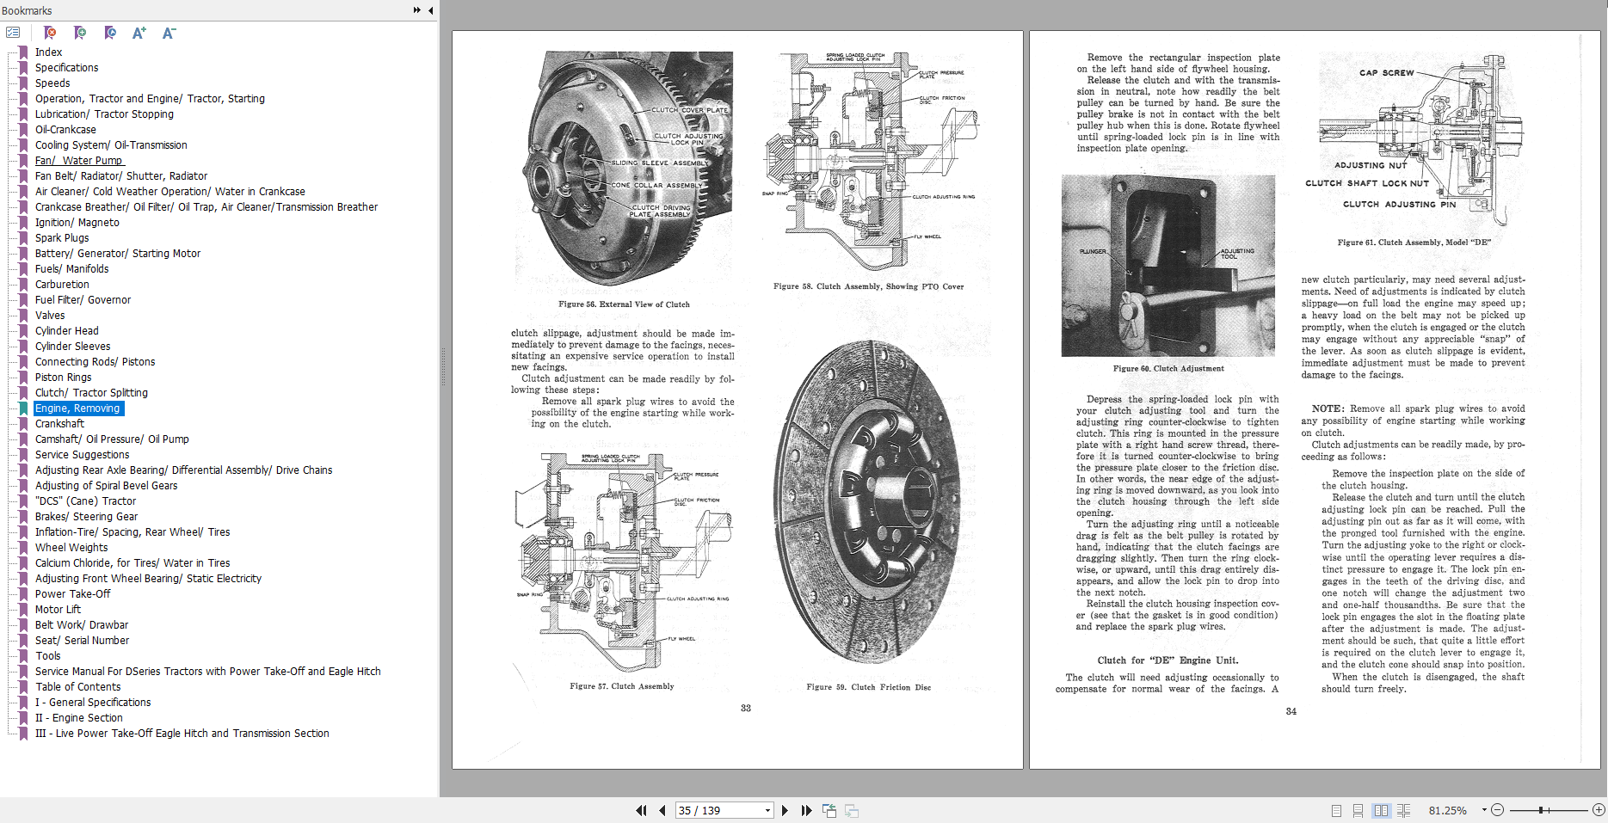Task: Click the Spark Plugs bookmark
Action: point(62,238)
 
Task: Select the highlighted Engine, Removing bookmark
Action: point(77,408)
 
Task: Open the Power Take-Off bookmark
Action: point(72,594)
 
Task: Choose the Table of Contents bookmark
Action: point(77,687)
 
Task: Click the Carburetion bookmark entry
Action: point(62,285)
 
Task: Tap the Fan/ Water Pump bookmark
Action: point(79,161)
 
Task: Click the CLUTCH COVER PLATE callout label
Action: point(689,110)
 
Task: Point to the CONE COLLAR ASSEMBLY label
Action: point(656,185)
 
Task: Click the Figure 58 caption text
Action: point(867,286)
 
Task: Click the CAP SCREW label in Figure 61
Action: point(1386,73)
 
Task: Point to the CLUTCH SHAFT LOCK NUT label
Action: point(1366,183)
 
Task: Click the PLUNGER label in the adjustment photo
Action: point(1093,251)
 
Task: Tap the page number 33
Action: point(746,708)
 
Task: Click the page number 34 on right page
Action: point(1291,711)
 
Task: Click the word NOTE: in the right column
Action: point(1327,409)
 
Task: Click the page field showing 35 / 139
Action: point(718,810)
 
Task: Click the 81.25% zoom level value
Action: point(1447,810)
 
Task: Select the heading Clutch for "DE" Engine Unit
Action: point(1167,660)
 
